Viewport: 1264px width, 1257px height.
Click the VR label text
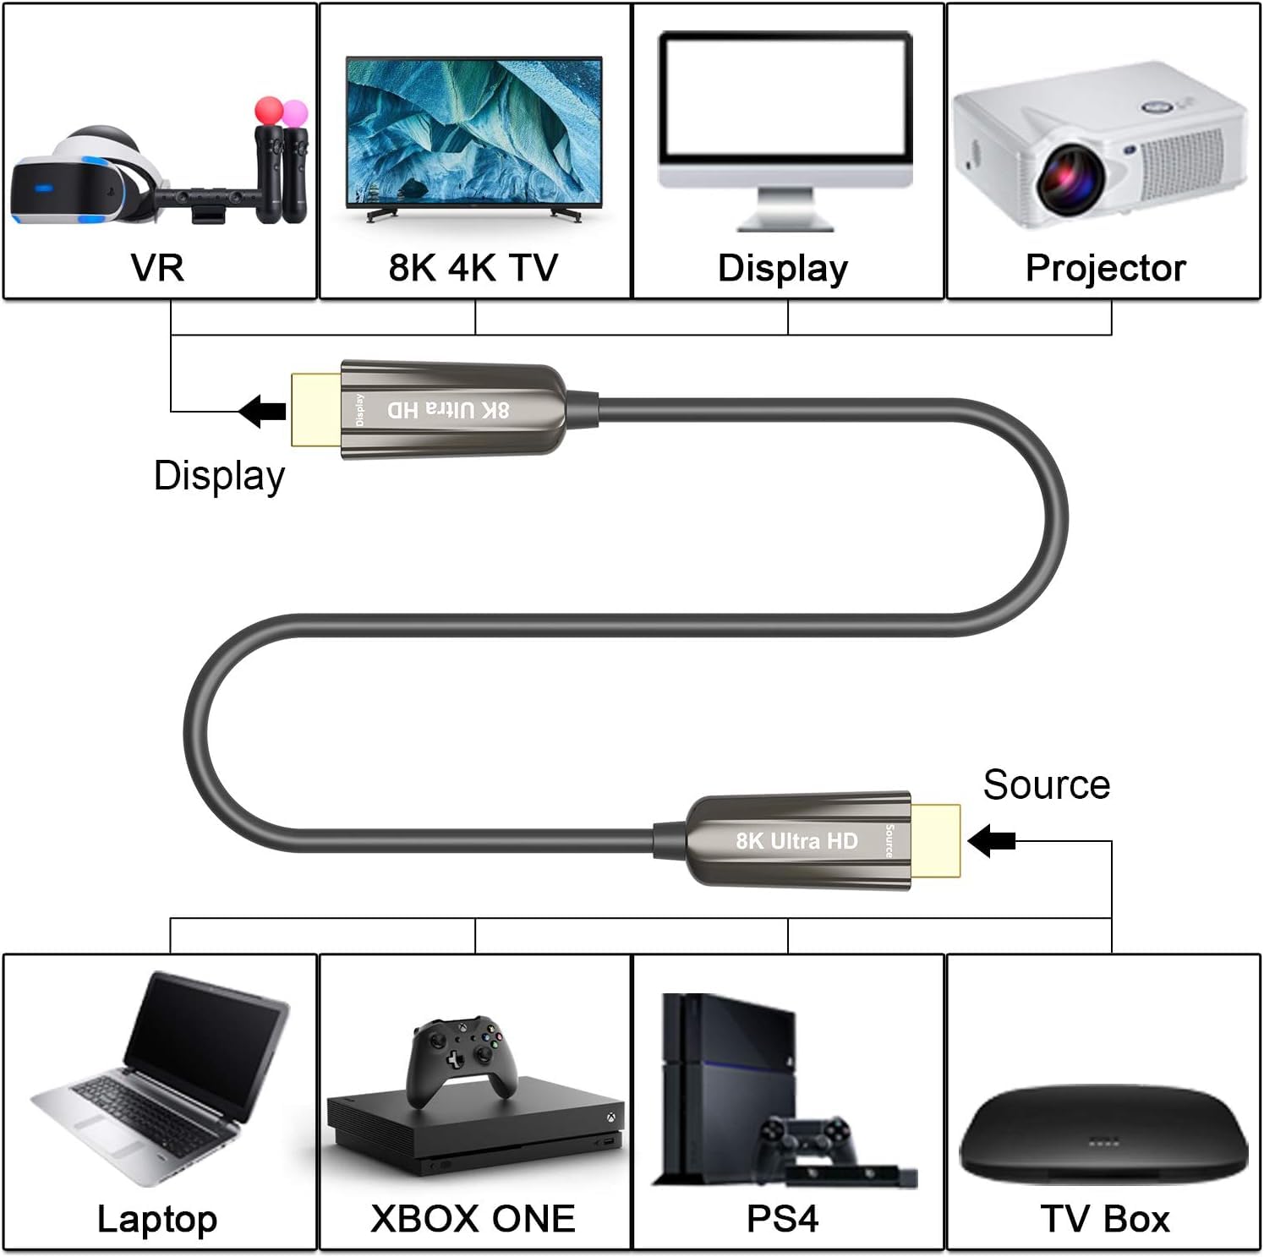157,268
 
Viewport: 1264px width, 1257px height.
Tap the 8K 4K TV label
473,268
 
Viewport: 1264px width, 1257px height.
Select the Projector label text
1105,268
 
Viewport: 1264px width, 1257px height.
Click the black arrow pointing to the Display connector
263,412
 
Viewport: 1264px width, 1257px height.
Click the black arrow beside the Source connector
991,841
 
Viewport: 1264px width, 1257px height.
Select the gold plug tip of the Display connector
315,410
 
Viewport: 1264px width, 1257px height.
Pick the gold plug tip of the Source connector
936,840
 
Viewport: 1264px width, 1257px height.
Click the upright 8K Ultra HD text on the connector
796,841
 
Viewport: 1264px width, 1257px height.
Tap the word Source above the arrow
1046,784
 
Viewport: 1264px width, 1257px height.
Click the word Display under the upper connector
219,476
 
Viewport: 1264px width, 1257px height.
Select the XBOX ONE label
473,1219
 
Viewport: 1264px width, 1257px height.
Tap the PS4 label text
782,1219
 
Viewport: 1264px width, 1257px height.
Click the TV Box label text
1105,1219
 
